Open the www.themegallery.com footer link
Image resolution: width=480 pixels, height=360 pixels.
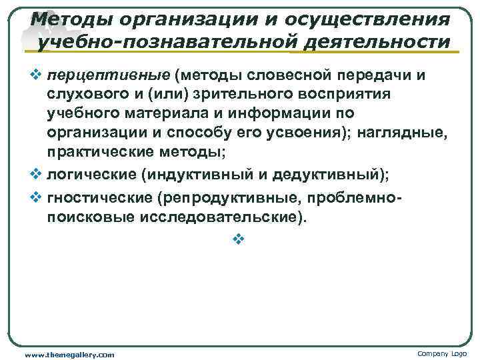pos(69,354)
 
